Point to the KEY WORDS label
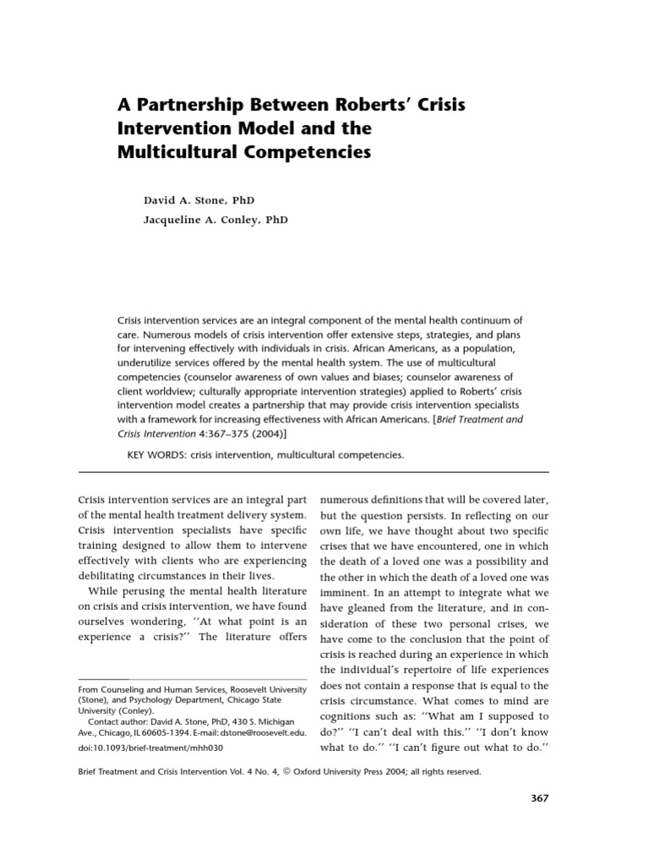(158, 454)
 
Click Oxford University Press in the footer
(358, 771)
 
